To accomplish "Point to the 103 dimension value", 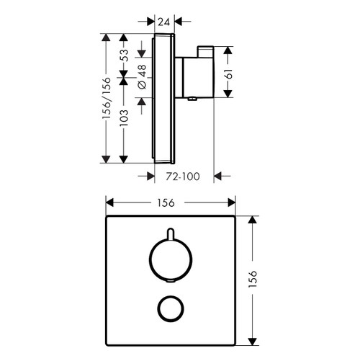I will coord(124,119).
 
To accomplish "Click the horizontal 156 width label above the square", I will coord(171,204).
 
